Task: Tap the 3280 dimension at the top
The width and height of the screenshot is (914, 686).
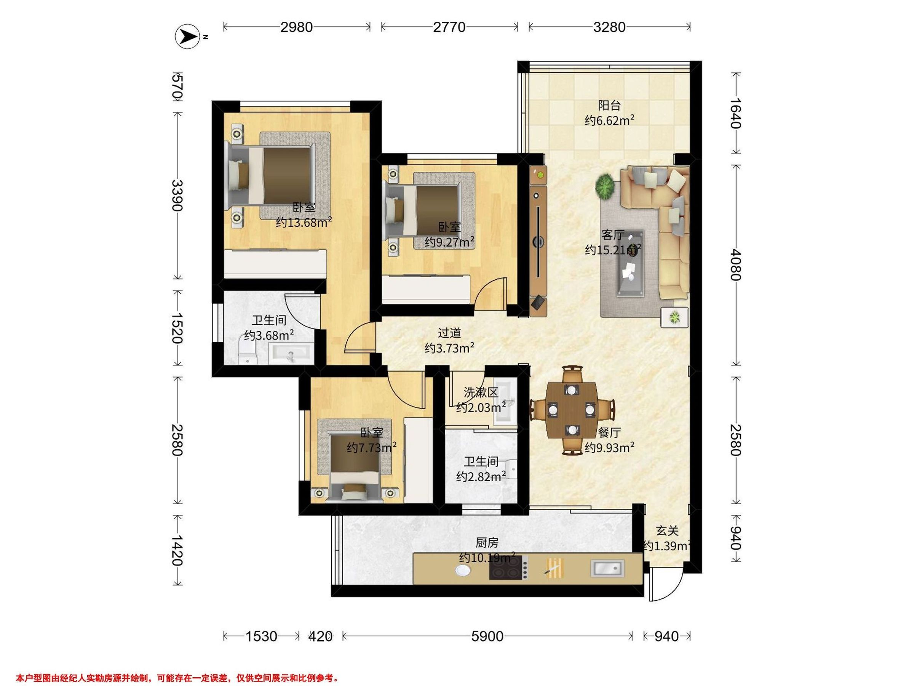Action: pyautogui.click(x=609, y=27)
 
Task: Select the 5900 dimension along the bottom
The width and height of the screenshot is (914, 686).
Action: pyautogui.click(x=487, y=636)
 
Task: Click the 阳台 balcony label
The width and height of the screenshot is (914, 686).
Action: pyautogui.click(x=609, y=106)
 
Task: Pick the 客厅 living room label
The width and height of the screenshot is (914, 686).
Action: pyautogui.click(x=613, y=235)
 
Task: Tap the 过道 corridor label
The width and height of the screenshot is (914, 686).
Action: pyautogui.click(x=449, y=333)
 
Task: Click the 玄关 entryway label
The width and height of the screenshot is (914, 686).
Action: pyautogui.click(x=667, y=531)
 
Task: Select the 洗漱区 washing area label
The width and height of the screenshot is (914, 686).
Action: pyautogui.click(x=481, y=392)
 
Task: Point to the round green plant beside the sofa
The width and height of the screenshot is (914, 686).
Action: pyautogui.click(x=605, y=186)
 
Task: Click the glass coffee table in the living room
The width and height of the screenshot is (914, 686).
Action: pyautogui.click(x=631, y=263)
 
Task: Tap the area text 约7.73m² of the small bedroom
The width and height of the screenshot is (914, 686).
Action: pyautogui.click(x=372, y=447)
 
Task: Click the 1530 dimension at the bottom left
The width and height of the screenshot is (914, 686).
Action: pyautogui.click(x=262, y=636)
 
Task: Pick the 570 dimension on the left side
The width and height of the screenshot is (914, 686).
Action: pyautogui.click(x=177, y=87)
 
